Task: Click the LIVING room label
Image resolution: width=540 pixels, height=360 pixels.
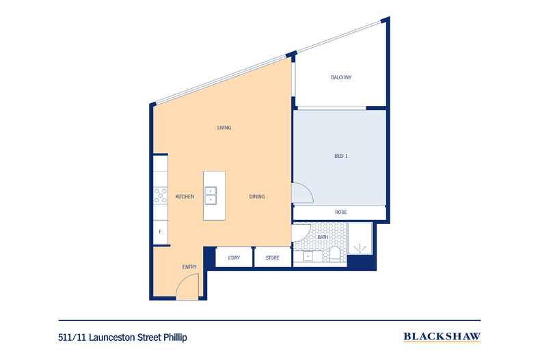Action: click(x=224, y=128)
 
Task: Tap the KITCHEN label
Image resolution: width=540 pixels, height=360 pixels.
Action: click(x=185, y=197)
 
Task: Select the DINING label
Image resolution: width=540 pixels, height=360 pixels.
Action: click(x=256, y=197)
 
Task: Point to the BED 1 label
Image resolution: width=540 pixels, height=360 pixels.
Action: click(x=341, y=156)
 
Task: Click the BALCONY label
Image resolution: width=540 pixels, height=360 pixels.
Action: click(x=341, y=77)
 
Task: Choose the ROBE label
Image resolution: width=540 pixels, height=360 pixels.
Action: click(x=340, y=212)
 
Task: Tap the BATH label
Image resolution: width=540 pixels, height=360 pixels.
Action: click(x=323, y=237)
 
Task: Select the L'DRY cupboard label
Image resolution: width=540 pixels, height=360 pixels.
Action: click(x=233, y=258)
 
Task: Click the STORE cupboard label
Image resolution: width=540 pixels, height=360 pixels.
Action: click(x=273, y=258)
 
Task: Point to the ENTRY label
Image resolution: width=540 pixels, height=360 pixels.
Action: click(x=189, y=266)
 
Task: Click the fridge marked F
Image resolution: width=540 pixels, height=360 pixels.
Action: click(x=160, y=232)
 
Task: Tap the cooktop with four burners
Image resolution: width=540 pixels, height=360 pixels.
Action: click(x=161, y=197)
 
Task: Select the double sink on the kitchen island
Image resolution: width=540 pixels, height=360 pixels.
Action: click(x=211, y=195)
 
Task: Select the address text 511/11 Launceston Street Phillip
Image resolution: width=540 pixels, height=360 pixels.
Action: click(x=122, y=337)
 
